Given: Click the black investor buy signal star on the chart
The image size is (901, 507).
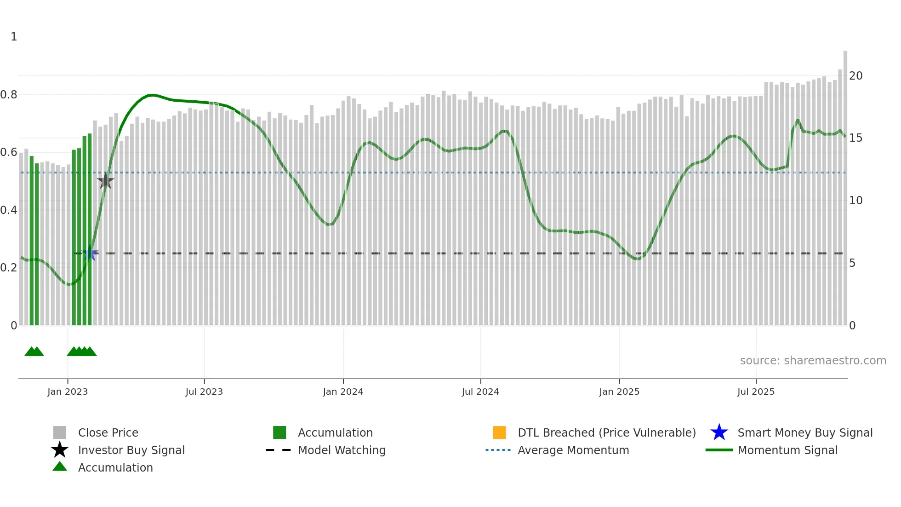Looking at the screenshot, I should pos(105,181).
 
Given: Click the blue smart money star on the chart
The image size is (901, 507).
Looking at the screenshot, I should pos(90,253).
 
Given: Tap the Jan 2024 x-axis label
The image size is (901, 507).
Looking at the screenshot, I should pos(343,392).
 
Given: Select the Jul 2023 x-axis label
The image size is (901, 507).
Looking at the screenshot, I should pos(204,392).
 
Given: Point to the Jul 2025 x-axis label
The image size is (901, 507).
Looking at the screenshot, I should pos(756,392).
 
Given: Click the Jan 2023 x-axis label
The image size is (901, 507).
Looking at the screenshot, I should pos(68,392).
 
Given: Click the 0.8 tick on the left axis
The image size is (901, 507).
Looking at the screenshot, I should pos(9,95).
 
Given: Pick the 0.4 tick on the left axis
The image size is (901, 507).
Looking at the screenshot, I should pos(9,210).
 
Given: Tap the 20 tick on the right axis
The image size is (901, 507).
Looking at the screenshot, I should pos(855,76).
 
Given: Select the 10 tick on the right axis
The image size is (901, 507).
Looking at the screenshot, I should pos(855,201).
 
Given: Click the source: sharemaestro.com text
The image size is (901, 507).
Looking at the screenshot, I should pos(813,361).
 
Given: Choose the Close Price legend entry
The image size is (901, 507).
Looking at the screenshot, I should pos(108,432).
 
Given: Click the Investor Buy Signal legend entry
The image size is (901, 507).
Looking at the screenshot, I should pos(131,450).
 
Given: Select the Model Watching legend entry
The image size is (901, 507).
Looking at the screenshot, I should pos(342,450).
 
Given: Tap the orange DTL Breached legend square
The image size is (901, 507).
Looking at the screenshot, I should pos(499,432).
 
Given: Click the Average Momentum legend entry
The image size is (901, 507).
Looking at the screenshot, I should pos(573,450).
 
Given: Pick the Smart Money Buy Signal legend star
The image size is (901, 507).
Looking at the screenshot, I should pos(719,432).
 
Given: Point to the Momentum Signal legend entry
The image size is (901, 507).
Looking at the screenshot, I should pos(787,450).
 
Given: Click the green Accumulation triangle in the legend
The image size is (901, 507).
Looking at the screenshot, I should pos(60,467).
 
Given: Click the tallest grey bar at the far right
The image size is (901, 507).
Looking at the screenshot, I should pos(845,184).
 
